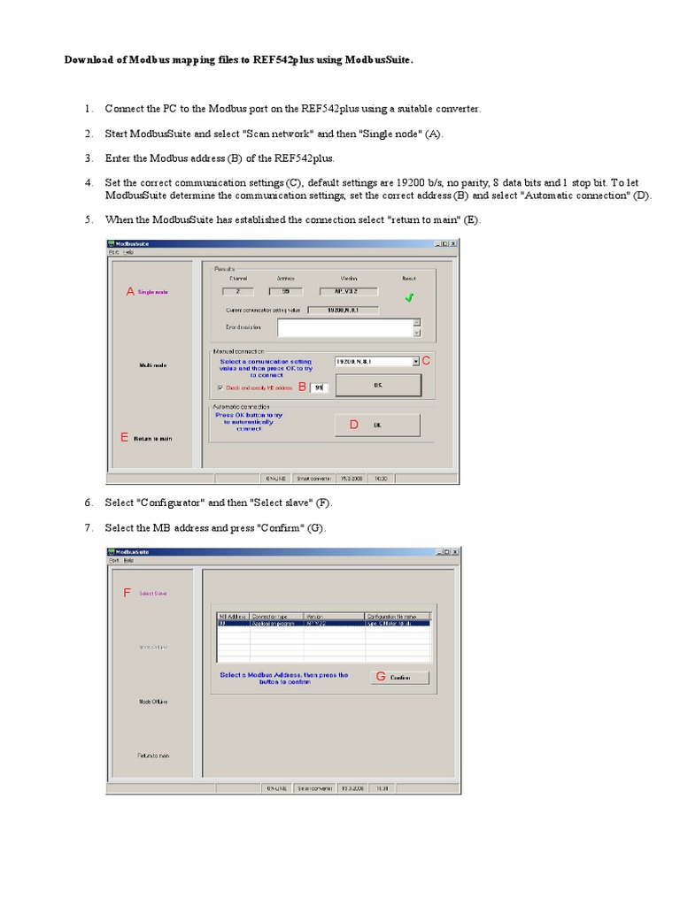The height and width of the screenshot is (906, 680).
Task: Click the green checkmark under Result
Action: coord(408,298)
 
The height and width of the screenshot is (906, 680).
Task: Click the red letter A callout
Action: coord(130,291)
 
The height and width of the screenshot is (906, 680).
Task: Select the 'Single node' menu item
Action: coord(152,291)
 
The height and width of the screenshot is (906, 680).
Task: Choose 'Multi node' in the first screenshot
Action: coord(151,365)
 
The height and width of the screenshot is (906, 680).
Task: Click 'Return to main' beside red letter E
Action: coord(152,438)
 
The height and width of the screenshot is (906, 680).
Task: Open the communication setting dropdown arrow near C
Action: coord(415,361)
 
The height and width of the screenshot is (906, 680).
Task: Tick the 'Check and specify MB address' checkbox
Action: coord(220,388)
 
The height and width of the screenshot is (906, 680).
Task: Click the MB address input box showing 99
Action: coord(320,388)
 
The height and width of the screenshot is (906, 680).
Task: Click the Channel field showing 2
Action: coord(236,290)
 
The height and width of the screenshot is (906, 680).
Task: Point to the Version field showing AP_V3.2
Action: coord(348,290)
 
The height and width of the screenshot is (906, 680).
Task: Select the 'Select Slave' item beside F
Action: coord(152,594)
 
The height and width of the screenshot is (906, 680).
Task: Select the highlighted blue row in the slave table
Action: coord(323,623)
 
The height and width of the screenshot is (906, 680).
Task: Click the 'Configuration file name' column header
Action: coord(397,615)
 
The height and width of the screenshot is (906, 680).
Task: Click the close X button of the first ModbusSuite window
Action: coord(453,243)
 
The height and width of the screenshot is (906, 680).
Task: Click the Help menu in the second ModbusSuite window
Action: coord(128,560)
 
